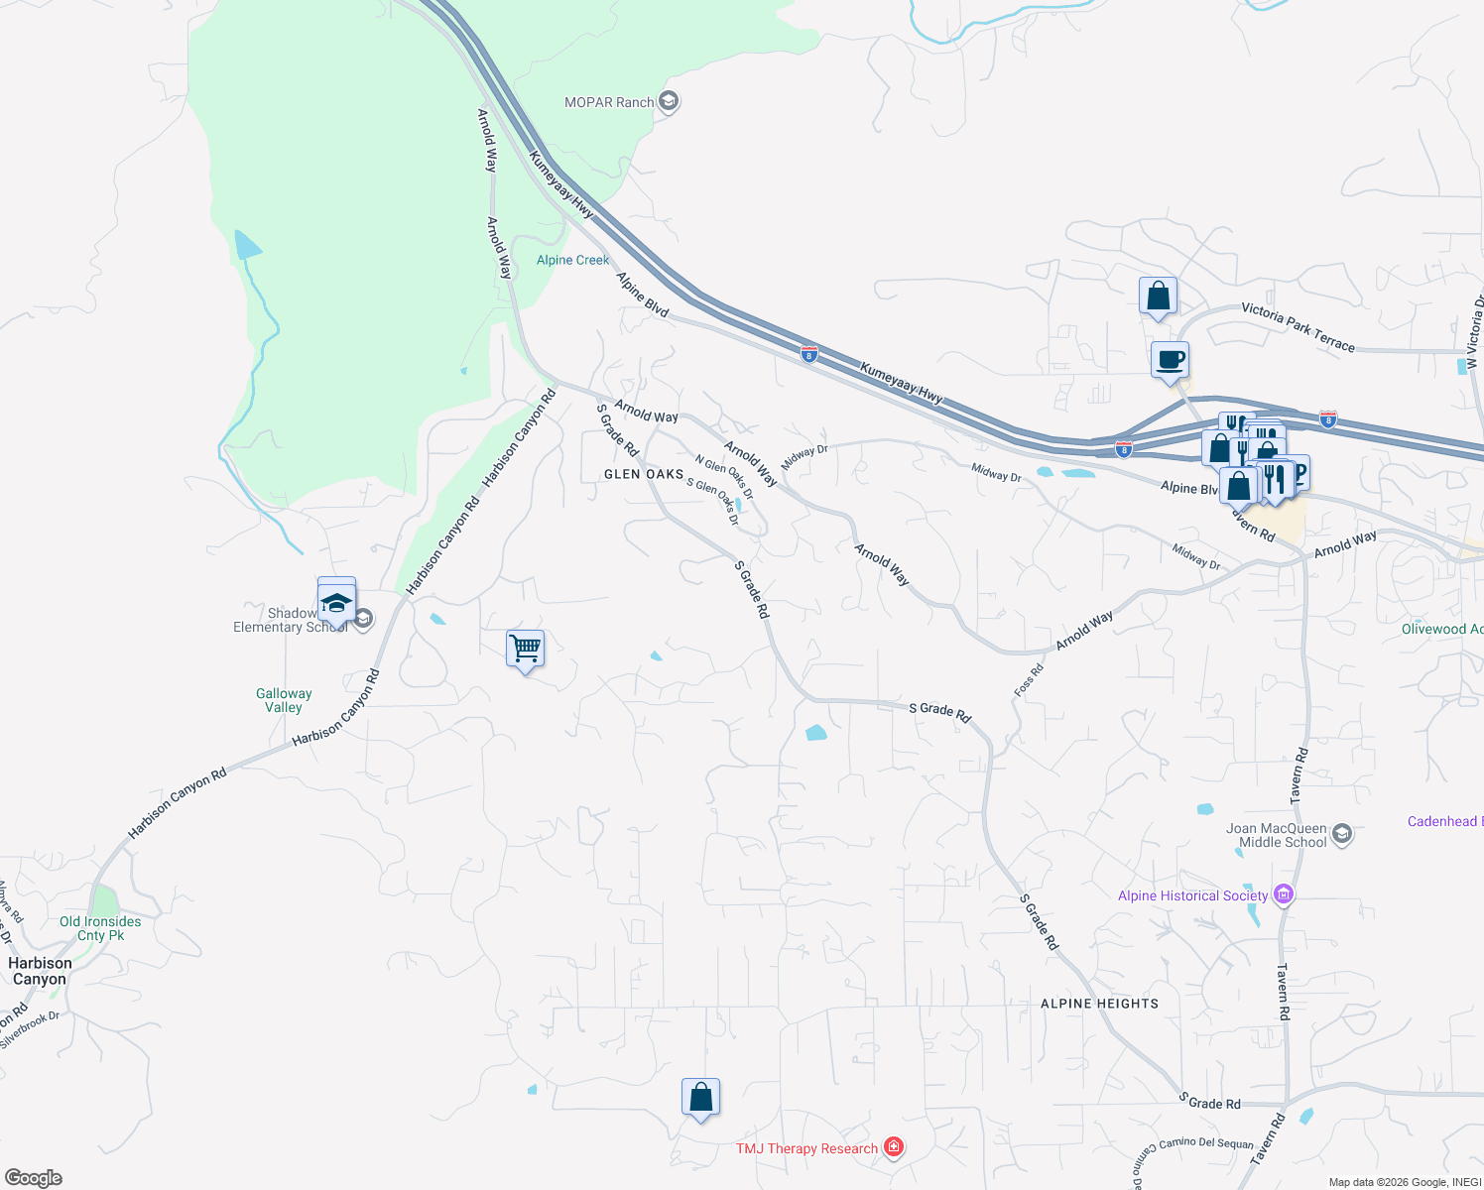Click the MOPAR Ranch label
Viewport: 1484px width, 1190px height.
click(609, 102)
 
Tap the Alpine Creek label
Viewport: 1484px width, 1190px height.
click(572, 260)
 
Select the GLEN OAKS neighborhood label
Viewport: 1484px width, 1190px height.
click(644, 474)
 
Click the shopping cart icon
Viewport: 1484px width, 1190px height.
click(525, 650)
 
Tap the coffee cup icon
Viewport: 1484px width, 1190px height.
click(1171, 359)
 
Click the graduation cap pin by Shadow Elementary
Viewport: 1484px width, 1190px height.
click(336, 601)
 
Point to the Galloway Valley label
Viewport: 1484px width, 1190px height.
click(284, 700)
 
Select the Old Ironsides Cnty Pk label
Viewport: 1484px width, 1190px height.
click(100, 928)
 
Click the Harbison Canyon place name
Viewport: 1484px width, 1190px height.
click(40, 971)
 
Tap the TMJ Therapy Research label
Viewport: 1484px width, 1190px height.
click(806, 1148)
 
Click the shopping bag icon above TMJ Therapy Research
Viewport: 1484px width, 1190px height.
click(700, 1098)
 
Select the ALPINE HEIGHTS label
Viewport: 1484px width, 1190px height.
click(1099, 1004)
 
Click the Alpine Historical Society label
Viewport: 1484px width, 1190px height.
click(1192, 895)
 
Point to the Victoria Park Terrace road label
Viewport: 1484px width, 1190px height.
click(1298, 327)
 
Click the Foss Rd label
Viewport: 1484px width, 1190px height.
click(1029, 680)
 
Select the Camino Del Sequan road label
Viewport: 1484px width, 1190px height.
click(1206, 1143)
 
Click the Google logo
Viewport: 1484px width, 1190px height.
click(34, 1178)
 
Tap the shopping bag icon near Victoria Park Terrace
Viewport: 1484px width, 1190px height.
click(1158, 296)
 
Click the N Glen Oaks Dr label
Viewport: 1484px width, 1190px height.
click(723, 477)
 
